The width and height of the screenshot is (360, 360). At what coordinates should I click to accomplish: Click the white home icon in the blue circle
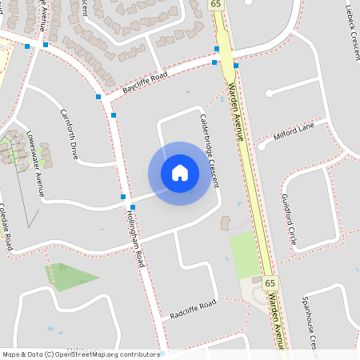coord(180,173)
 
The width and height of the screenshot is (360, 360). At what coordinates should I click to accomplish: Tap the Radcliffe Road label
coord(193,310)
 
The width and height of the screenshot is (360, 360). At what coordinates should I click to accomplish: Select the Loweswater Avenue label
coord(35,162)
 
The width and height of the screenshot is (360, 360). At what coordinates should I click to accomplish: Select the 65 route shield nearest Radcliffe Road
coord(270,283)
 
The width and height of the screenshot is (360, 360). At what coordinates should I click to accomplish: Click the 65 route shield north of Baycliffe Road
coord(216,5)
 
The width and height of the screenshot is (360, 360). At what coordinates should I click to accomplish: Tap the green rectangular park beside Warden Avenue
coord(245,254)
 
